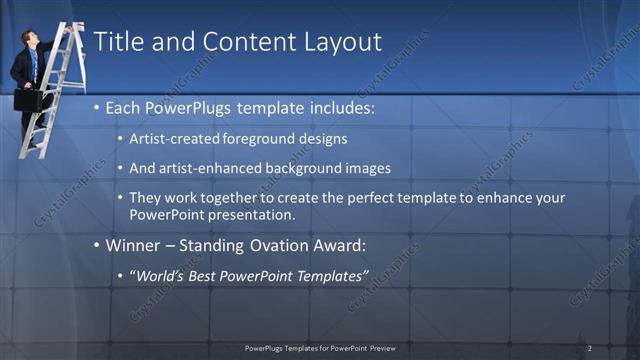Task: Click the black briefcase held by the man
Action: (28, 101)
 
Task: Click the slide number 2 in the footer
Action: (590, 348)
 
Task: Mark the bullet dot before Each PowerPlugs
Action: (96, 106)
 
